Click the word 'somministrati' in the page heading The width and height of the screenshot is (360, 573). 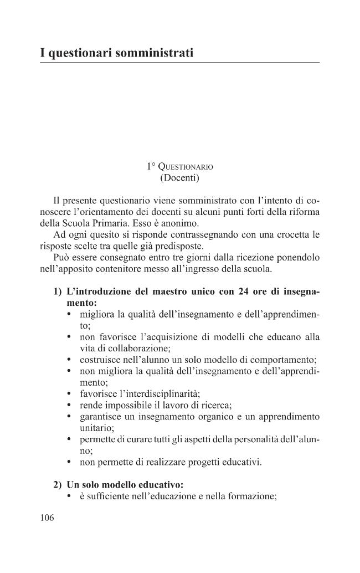(x=157, y=53)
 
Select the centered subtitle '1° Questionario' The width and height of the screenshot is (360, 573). (x=179, y=166)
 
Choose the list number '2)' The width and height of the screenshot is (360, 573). (x=58, y=484)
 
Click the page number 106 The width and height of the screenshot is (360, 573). (x=47, y=518)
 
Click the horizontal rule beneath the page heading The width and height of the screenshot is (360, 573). (x=179, y=63)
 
